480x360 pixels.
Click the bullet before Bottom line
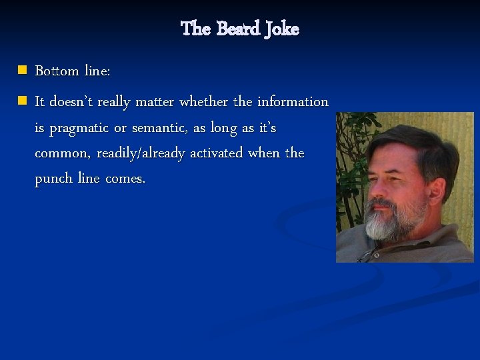[x=22, y=70]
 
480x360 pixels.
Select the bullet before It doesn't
[x=22, y=101]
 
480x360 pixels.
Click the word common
[x=62, y=153]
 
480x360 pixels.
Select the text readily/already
[x=141, y=153]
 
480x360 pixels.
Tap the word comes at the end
[x=123, y=180]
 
